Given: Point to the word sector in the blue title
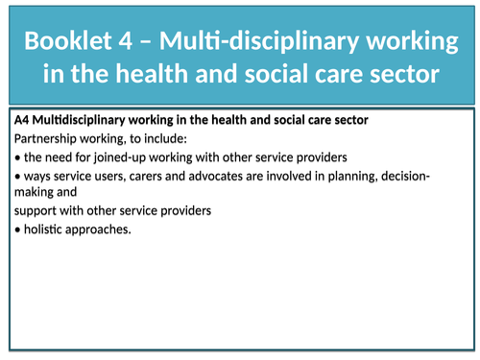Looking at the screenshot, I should tap(411, 73).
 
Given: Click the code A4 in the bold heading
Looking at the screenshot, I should tap(22, 120).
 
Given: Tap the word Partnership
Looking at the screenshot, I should tap(45, 138).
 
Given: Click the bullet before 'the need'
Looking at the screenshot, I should tap(18, 156).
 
